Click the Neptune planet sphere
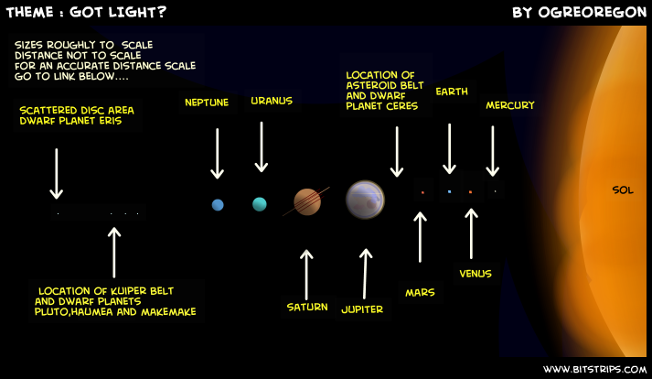(x=218, y=205)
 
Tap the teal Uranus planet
(x=260, y=204)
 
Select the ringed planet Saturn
(x=307, y=201)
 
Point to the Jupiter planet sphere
(x=365, y=200)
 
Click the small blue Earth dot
(x=449, y=191)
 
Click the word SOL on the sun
(x=623, y=190)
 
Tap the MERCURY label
(x=510, y=105)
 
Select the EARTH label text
(x=452, y=92)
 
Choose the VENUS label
(x=476, y=274)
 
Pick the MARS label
(x=420, y=293)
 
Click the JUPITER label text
(x=362, y=309)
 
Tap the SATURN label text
(x=307, y=308)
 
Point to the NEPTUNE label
(x=207, y=103)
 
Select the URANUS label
(x=272, y=101)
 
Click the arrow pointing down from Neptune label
(x=217, y=154)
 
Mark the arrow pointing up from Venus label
(x=471, y=233)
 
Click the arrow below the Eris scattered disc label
(x=56, y=174)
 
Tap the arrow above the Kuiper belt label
(x=114, y=253)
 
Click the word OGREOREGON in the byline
(x=593, y=13)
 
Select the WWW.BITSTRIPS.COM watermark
(x=594, y=370)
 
